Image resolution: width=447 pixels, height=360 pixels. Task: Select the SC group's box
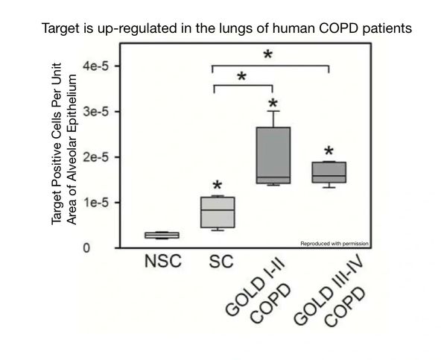[x=218, y=212]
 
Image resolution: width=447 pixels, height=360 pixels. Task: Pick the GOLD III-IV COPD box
[x=329, y=172]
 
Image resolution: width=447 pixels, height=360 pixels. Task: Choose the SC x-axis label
[x=218, y=262]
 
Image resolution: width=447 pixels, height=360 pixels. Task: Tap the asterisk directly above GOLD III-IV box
[x=329, y=151]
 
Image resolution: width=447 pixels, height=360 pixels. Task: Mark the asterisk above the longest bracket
[x=268, y=56]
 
